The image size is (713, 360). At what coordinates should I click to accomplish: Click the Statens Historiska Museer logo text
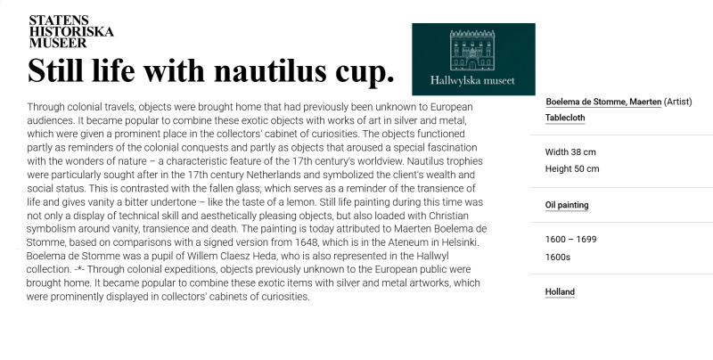pyautogui.click(x=71, y=30)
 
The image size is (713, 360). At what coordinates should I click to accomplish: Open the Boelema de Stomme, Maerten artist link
pyautogui.click(x=603, y=102)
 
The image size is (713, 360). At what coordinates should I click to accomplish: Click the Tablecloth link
pyautogui.click(x=564, y=118)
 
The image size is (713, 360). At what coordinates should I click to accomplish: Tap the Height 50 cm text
pyautogui.click(x=572, y=168)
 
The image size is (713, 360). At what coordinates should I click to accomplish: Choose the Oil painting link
pyautogui.click(x=567, y=205)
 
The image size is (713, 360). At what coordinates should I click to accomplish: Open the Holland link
pyautogui.click(x=560, y=291)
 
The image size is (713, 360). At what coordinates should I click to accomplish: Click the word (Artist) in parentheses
pyautogui.click(x=683, y=102)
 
